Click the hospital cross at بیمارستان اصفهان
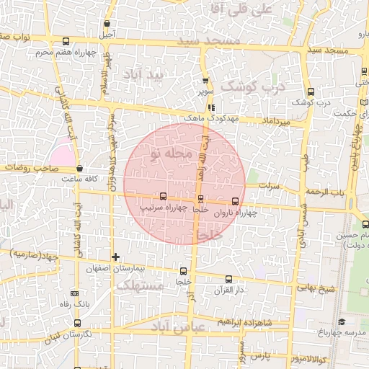115,257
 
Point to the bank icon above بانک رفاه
75,293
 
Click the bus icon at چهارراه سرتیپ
163,196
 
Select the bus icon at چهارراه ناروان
236,201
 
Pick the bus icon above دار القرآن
229,279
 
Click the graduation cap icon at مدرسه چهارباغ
342,321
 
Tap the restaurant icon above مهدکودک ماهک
210,107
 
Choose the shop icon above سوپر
205,81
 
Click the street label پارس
260,355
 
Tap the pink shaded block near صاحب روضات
62,156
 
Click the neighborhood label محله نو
169,154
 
